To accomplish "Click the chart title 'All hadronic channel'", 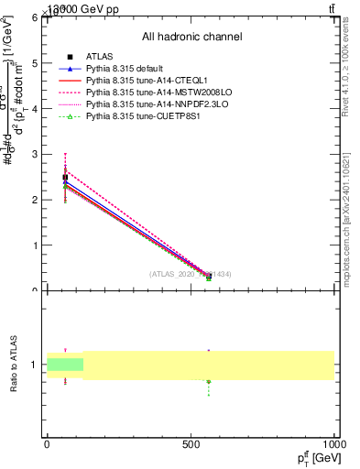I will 191,37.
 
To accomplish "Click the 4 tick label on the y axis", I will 34,108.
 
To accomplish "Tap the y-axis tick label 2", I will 34,200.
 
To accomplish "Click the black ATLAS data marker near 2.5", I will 65,177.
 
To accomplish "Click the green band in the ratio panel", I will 65,365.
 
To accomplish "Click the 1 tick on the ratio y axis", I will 34,365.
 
